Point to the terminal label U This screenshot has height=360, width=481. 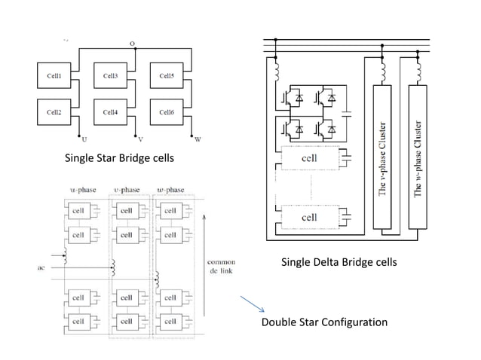tap(83, 139)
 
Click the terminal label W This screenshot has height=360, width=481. tap(198, 139)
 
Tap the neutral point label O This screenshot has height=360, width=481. tap(133, 44)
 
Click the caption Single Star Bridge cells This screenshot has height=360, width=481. tap(119, 158)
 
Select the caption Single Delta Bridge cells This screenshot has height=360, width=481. tap(339, 262)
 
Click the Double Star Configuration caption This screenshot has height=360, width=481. tap(324, 322)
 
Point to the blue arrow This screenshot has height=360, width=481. tap(253, 305)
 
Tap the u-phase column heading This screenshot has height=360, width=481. tap(83, 189)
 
